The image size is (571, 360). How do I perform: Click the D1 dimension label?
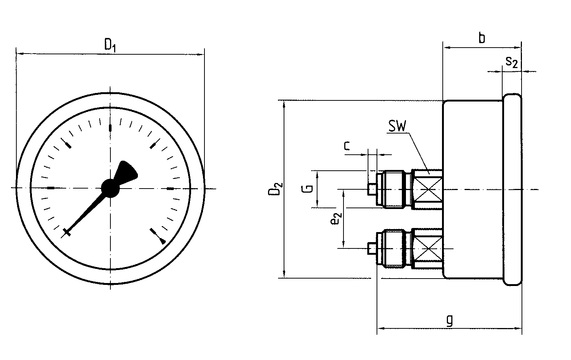(x=110, y=45)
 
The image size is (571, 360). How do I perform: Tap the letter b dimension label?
(x=481, y=38)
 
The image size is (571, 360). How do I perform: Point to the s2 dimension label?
(x=512, y=62)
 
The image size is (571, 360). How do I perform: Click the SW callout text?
(x=397, y=126)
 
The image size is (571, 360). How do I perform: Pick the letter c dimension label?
(x=347, y=146)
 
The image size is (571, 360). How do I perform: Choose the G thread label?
(x=308, y=189)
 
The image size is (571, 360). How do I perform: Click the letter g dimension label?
(x=450, y=320)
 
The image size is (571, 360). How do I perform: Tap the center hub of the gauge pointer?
(x=110, y=188)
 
